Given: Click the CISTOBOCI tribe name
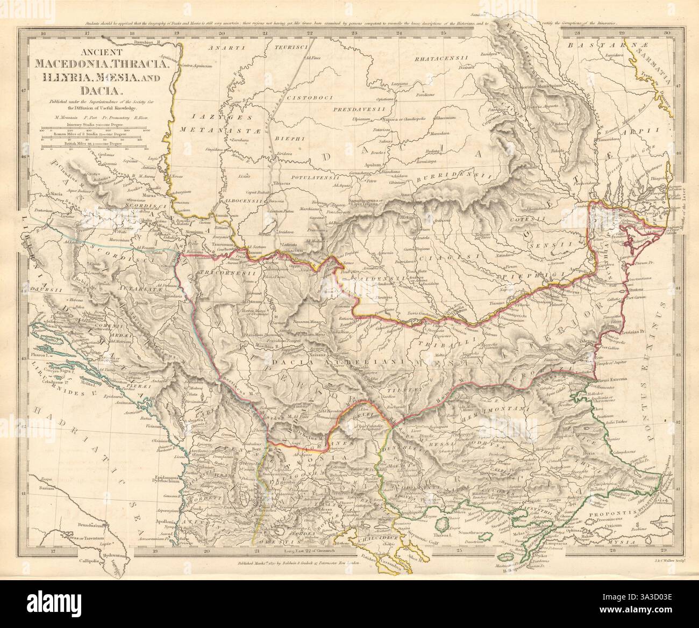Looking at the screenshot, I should coord(308,98).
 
